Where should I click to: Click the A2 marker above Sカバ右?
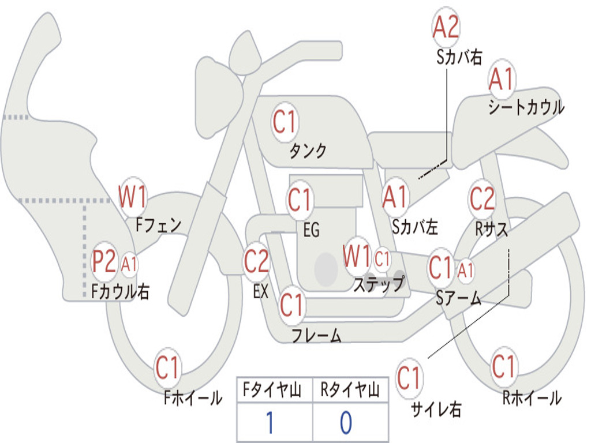446,27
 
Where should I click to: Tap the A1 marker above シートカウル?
502,79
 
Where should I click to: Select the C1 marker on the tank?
285,122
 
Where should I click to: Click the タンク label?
308,151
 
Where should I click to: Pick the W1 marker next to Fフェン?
132,197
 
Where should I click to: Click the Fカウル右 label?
120,291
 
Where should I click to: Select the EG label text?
311,230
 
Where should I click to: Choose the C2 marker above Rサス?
482,198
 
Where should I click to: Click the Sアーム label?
458,298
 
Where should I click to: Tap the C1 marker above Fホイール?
167,367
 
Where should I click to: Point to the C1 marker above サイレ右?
409,378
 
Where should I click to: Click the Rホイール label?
532,398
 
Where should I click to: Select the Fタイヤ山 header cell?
275,390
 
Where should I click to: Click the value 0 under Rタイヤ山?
346,422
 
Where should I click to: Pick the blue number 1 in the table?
270,422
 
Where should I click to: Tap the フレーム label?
317,335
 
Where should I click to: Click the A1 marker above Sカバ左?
395,197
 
